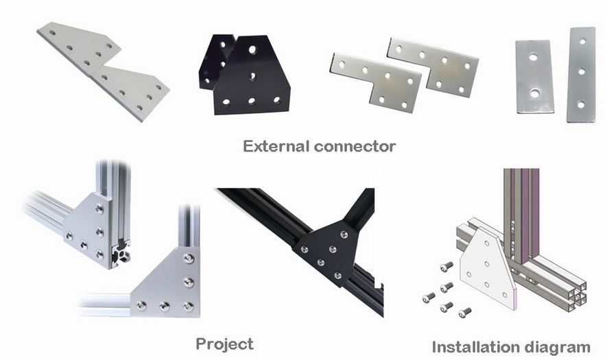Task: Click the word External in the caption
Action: pos(276,146)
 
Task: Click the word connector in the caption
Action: pos(355,147)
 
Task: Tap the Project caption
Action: pos(224,344)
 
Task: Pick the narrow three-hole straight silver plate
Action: pos(581,74)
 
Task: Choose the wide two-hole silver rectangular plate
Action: pos(534,77)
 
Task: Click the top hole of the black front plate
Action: pos(252,49)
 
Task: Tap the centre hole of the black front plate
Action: pos(252,76)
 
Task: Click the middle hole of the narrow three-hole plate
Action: pos(582,71)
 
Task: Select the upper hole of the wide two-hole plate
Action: pos(534,58)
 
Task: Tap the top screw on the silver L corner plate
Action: pos(189,259)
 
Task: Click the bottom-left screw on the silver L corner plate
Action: pos(141,306)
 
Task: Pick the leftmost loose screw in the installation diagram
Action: pos(429,298)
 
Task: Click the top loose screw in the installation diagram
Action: pos(447,266)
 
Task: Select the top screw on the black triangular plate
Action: pos(344,234)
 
